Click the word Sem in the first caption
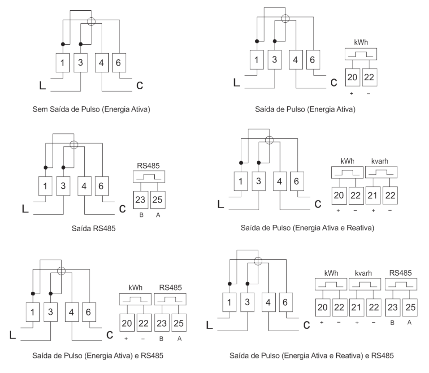click(x=40, y=109)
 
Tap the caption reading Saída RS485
click(x=94, y=228)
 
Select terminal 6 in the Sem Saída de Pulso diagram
click(x=119, y=63)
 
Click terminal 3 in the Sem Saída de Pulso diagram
click(x=81, y=63)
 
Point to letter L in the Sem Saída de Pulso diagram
click(x=43, y=86)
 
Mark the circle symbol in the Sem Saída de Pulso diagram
click(x=91, y=22)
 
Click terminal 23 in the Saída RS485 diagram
click(x=141, y=200)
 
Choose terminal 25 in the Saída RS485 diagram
click(x=158, y=200)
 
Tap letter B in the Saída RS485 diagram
click(x=142, y=215)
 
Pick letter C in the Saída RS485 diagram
click(x=122, y=209)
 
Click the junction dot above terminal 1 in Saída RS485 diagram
click(x=45, y=168)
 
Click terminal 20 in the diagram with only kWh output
click(x=352, y=77)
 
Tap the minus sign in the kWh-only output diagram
click(x=369, y=94)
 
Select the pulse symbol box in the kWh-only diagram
click(x=361, y=54)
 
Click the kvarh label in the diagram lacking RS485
click(x=379, y=161)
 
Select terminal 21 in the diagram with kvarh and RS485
click(x=356, y=307)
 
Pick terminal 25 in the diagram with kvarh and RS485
click(x=410, y=307)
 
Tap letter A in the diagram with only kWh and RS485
click(x=179, y=339)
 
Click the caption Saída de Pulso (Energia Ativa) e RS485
click(x=98, y=356)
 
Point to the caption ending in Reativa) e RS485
click(x=312, y=356)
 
